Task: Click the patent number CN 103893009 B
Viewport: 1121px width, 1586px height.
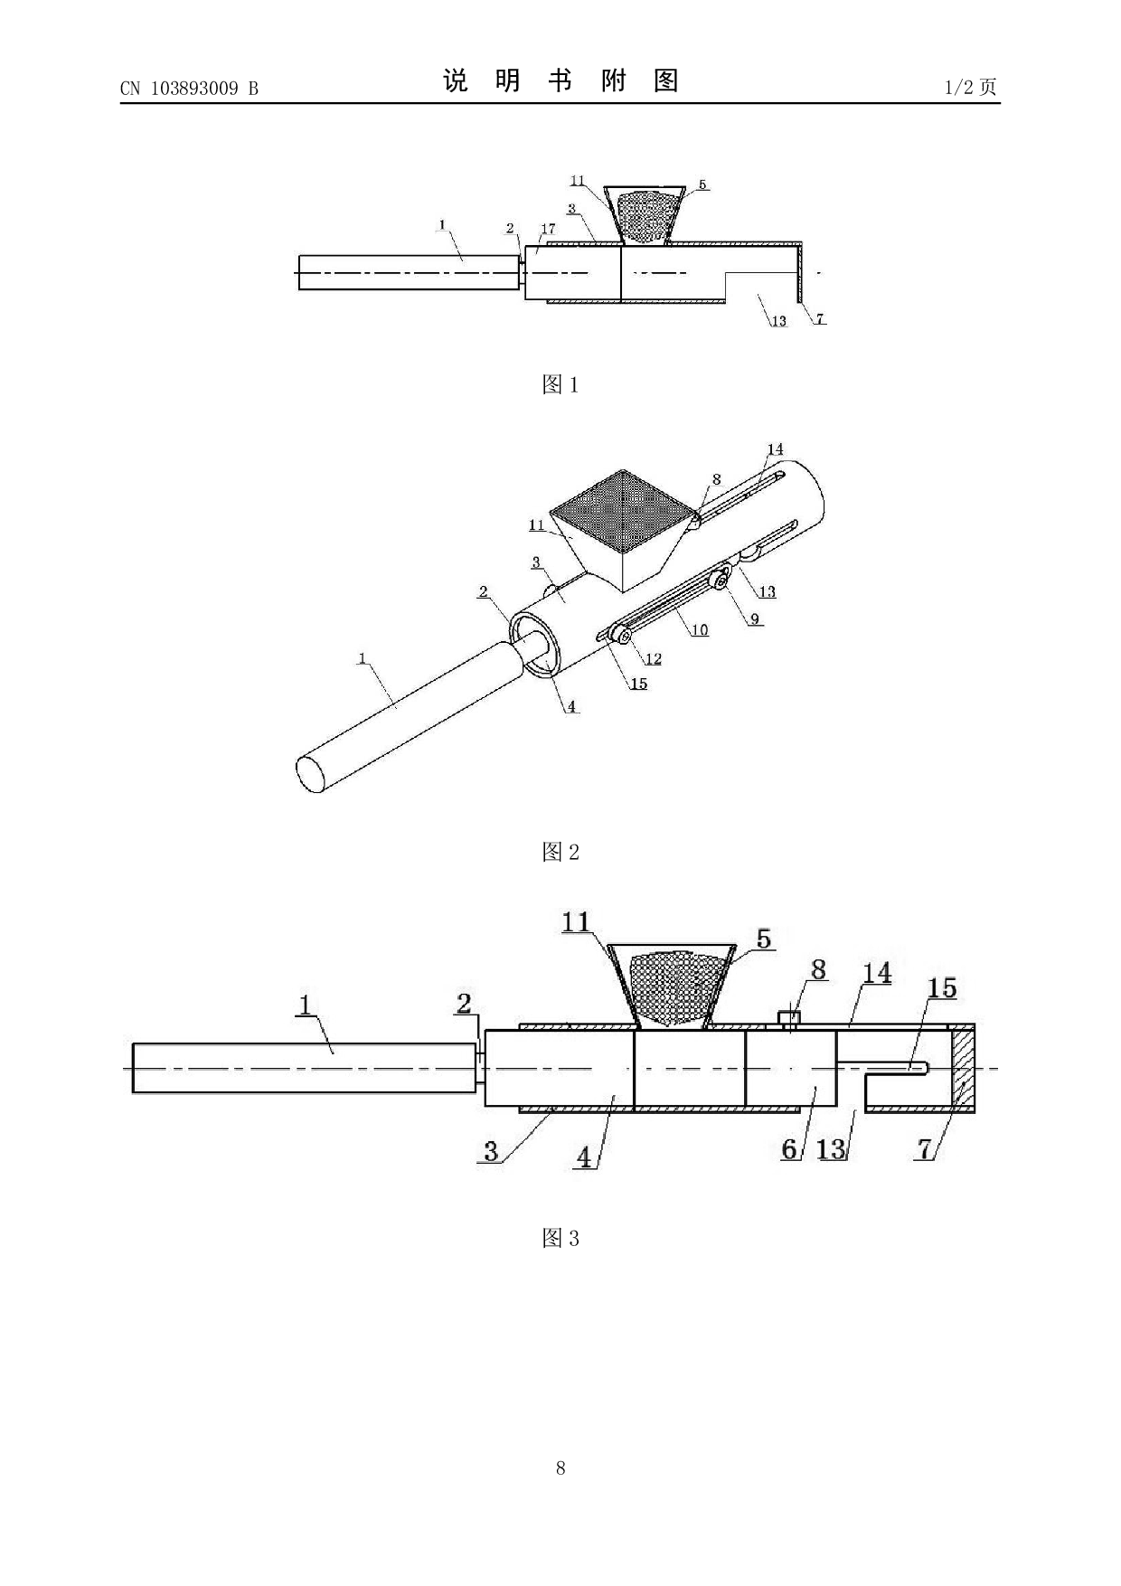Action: [189, 88]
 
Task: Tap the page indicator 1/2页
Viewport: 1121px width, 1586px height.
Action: [971, 87]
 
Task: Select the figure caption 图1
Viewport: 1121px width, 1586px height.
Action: [560, 384]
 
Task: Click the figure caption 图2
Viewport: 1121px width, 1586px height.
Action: [560, 852]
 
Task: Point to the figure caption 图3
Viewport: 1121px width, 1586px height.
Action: [560, 1238]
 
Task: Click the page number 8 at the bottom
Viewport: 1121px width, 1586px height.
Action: [560, 1468]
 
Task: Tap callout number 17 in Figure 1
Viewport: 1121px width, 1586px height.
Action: [548, 230]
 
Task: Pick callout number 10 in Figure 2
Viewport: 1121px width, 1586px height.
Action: [700, 630]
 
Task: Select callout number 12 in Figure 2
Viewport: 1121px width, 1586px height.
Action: [653, 658]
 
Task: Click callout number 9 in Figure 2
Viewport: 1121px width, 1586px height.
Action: [754, 619]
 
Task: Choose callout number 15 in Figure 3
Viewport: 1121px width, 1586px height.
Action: [942, 987]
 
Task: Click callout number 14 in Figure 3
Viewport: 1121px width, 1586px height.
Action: [877, 973]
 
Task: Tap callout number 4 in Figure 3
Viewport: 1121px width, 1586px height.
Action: [585, 1156]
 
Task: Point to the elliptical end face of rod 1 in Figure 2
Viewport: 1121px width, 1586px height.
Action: [311, 775]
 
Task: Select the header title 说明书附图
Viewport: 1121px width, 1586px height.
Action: [560, 81]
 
